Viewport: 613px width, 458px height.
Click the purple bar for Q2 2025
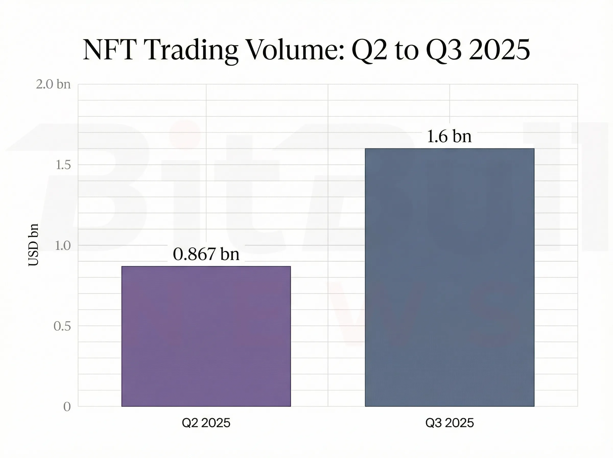click(x=206, y=336)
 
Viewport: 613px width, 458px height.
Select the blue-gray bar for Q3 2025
click(x=449, y=277)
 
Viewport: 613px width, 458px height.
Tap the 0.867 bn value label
click(x=206, y=254)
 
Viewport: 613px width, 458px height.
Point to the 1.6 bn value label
click(x=449, y=136)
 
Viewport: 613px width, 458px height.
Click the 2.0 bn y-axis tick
click(x=53, y=84)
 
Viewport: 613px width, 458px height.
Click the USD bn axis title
click(x=33, y=245)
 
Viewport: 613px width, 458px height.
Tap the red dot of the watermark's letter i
click(x=185, y=133)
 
